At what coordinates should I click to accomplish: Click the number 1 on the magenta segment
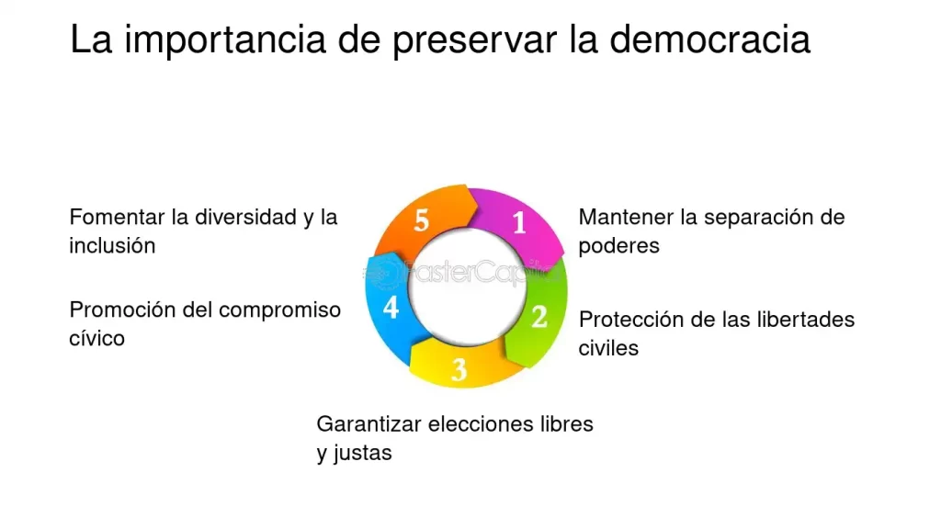(x=519, y=223)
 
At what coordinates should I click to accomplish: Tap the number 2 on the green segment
(x=539, y=317)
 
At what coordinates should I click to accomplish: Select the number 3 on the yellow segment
(x=459, y=370)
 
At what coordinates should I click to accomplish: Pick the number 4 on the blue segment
(x=391, y=308)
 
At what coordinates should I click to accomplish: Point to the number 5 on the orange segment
(x=421, y=220)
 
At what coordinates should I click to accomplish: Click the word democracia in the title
(x=710, y=39)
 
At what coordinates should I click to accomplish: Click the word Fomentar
(x=117, y=217)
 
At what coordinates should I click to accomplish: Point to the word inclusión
(x=112, y=245)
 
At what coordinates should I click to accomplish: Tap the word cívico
(x=96, y=338)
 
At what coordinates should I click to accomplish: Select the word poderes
(x=618, y=246)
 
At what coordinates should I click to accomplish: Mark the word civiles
(x=608, y=348)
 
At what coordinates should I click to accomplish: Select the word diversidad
(x=246, y=217)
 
